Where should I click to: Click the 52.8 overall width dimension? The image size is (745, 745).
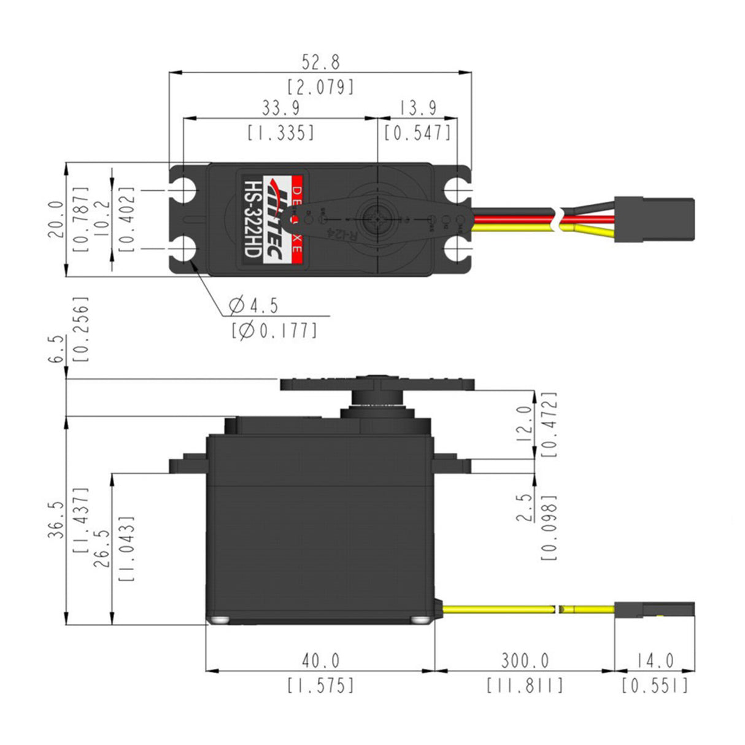(x=320, y=63)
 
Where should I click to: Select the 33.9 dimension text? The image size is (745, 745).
(x=281, y=109)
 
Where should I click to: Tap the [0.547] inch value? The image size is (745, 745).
(x=417, y=133)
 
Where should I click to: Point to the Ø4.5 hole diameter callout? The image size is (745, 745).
(x=253, y=305)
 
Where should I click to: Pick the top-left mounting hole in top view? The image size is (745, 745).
(x=184, y=189)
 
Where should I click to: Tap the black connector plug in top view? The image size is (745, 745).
(x=654, y=219)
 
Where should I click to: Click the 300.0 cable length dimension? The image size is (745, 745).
(x=525, y=661)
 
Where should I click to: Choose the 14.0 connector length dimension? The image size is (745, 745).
(x=654, y=661)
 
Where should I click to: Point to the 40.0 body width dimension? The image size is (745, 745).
(x=320, y=661)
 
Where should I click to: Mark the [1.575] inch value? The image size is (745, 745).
(x=320, y=685)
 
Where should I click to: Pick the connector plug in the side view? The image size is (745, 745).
(x=654, y=610)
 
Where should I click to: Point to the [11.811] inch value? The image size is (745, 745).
(x=525, y=685)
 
